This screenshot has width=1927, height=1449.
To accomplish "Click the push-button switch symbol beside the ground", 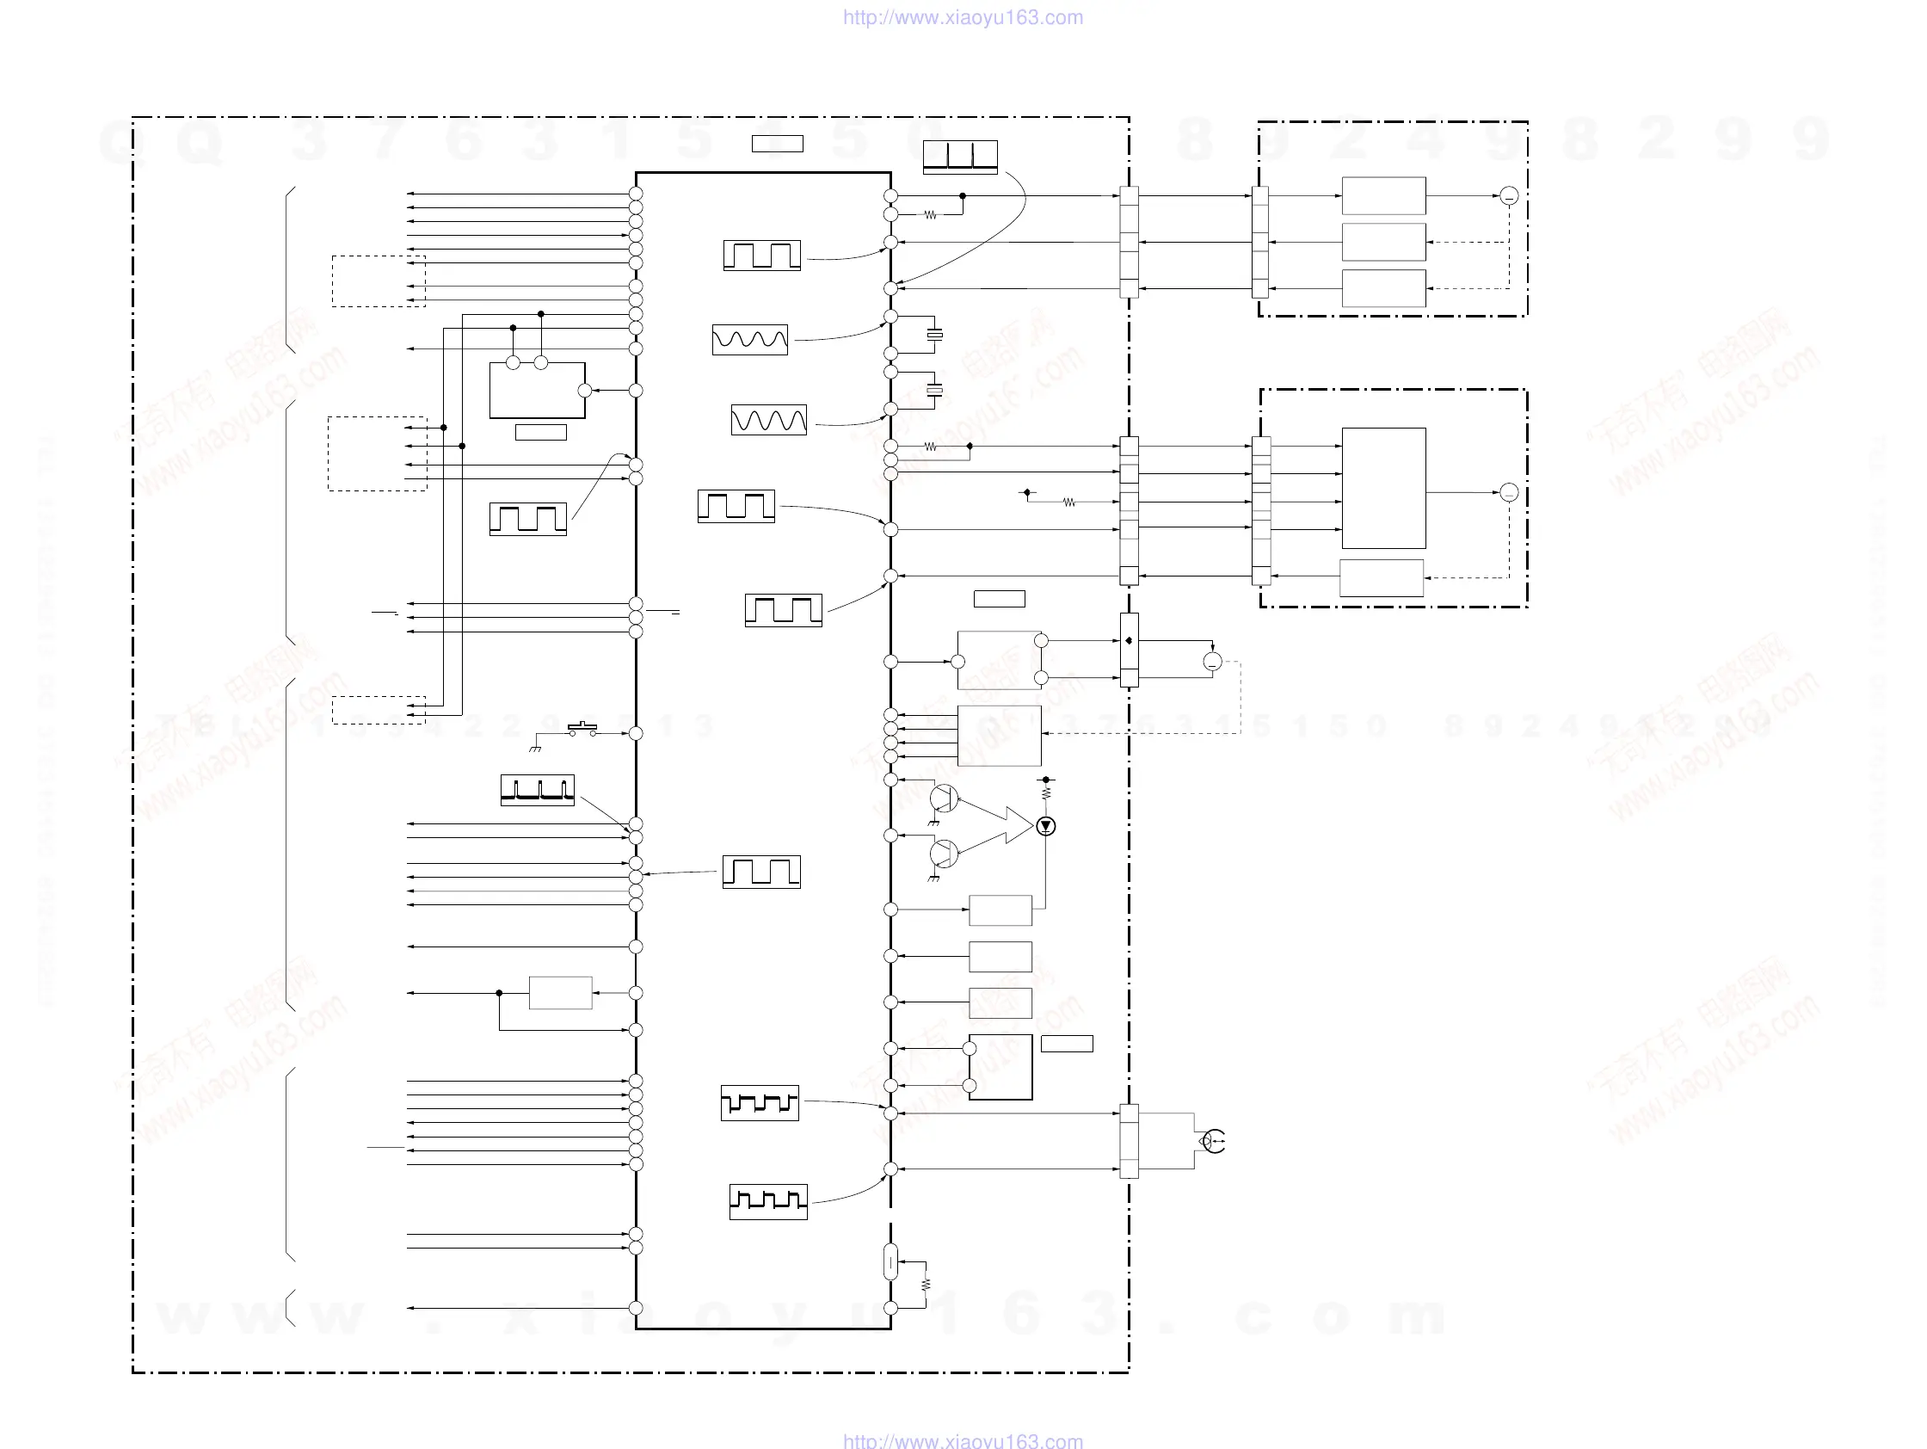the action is (x=582, y=729).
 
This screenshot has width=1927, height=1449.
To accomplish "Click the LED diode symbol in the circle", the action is (x=1045, y=825).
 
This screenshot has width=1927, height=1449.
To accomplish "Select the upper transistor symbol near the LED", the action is (x=944, y=798).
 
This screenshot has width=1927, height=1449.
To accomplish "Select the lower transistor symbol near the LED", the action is (x=944, y=854).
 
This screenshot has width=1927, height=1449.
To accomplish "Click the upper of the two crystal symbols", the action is (x=935, y=335).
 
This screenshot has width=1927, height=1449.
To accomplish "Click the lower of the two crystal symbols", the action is (x=935, y=391).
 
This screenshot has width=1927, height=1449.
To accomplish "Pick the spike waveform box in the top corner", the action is (x=960, y=157).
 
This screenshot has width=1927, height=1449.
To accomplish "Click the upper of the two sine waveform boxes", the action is (x=750, y=339).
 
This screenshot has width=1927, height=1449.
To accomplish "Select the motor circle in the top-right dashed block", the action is (x=1509, y=196).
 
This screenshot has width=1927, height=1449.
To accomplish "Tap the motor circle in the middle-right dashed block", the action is (x=1509, y=492).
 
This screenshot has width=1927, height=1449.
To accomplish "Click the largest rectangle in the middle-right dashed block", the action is (x=1383, y=487).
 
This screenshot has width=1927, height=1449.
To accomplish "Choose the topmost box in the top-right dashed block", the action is (x=1383, y=196).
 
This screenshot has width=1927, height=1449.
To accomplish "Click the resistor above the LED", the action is (x=1046, y=792).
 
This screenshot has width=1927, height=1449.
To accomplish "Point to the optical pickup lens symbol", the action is (x=1213, y=1141).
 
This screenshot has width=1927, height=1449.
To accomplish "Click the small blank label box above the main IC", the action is (x=777, y=144).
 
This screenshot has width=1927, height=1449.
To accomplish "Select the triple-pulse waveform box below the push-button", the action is (x=538, y=789).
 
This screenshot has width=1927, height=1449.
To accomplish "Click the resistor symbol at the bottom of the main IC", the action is (x=925, y=1285).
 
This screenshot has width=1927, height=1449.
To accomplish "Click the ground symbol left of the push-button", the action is (x=535, y=748).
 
